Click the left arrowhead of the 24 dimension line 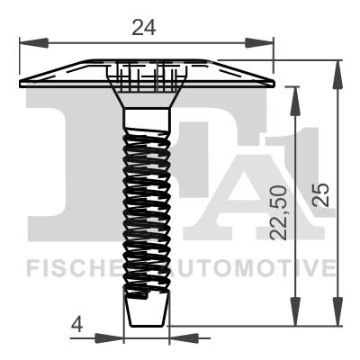click(x=26, y=42)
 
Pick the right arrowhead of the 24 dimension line click(x=265, y=42)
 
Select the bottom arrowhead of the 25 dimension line click(x=339, y=319)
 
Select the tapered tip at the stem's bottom click(x=145, y=311)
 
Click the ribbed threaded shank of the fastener click(x=145, y=207)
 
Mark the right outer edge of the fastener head click(x=271, y=83)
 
